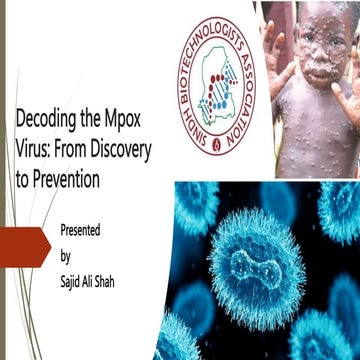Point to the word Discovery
(x=127, y=152)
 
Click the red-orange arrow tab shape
(x=25, y=244)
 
